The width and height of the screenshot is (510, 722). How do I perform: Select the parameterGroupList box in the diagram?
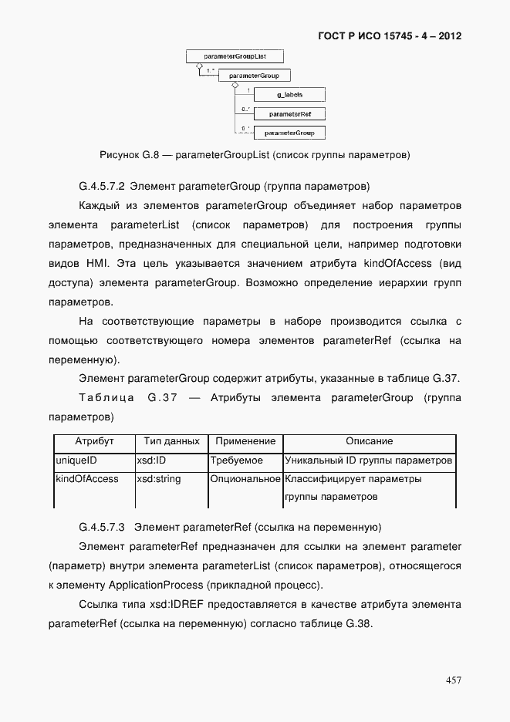(x=235, y=56)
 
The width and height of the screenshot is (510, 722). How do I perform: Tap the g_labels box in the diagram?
(x=289, y=95)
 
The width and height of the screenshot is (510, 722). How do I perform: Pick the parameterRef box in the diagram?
(x=289, y=114)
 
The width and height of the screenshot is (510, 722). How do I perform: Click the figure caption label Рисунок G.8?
(x=129, y=155)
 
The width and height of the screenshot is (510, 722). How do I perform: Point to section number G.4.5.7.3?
(x=103, y=528)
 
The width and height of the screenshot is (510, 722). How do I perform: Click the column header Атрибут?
(x=94, y=441)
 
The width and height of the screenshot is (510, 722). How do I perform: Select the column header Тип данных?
(x=171, y=441)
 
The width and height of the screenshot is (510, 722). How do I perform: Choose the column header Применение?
(x=245, y=441)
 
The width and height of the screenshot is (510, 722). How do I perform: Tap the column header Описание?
(x=369, y=441)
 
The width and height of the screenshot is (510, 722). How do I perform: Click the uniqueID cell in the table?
(x=76, y=461)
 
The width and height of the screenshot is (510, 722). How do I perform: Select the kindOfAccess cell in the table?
(x=86, y=479)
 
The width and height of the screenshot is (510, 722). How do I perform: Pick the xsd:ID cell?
(x=150, y=461)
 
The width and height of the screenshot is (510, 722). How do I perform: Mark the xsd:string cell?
(x=159, y=479)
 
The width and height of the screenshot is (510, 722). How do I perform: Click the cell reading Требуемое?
(x=237, y=461)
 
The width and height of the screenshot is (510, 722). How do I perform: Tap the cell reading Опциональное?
(x=245, y=479)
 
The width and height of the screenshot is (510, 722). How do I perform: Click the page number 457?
(x=453, y=680)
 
